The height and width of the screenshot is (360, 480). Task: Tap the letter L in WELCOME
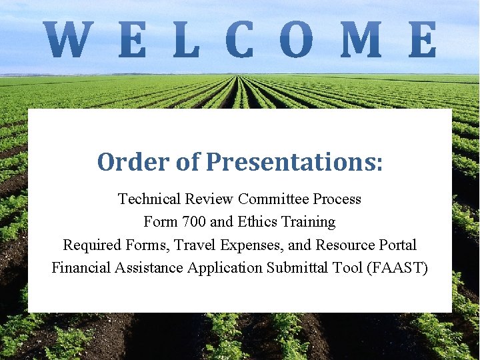coord(187,39)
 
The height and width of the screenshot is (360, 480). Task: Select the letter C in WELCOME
coord(240,39)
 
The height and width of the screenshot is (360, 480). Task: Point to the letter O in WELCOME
coord(297,39)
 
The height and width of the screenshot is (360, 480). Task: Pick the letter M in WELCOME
coord(361,39)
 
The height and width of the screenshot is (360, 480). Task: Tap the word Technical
coord(149,199)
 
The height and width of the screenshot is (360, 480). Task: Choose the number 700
coord(194,222)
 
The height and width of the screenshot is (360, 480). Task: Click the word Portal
coord(396,245)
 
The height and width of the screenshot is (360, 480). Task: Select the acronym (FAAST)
coord(399,268)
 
